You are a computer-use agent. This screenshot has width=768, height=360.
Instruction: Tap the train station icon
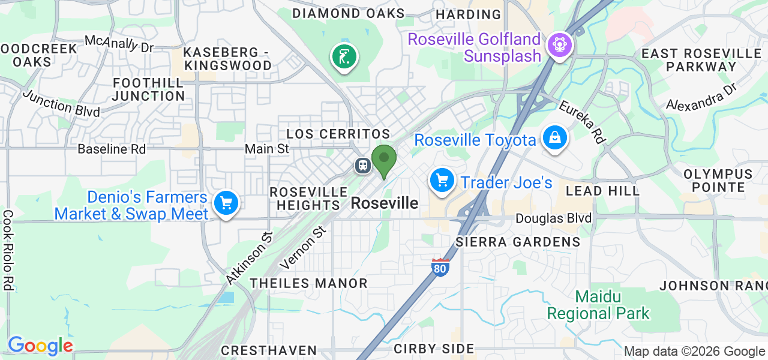tap(362, 165)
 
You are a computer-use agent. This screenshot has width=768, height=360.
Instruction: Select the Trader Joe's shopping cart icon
tap(442, 179)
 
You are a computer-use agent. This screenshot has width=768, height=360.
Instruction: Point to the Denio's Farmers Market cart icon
tap(226, 203)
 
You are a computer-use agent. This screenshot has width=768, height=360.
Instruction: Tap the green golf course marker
tap(344, 57)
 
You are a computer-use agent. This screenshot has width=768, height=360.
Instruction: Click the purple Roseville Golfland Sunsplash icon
tap(559, 45)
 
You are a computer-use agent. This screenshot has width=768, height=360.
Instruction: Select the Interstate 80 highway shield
tap(440, 267)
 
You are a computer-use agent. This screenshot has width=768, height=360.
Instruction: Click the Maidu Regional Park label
tap(598, 305)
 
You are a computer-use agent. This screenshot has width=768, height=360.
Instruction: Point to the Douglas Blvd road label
tap(554, 218)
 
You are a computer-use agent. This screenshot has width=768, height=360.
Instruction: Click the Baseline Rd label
tap(112, 149)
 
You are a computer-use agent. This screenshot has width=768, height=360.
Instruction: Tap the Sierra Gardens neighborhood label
tap(518, 242)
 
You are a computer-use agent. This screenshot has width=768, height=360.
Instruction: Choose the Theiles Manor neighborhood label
tap(308, 283)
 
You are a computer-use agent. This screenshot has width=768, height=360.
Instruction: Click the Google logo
tap(40, 346)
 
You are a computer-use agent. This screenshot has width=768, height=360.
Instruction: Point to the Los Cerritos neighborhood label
tap(338, 134)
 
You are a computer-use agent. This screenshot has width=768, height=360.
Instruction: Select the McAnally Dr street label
tap(119, 43)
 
